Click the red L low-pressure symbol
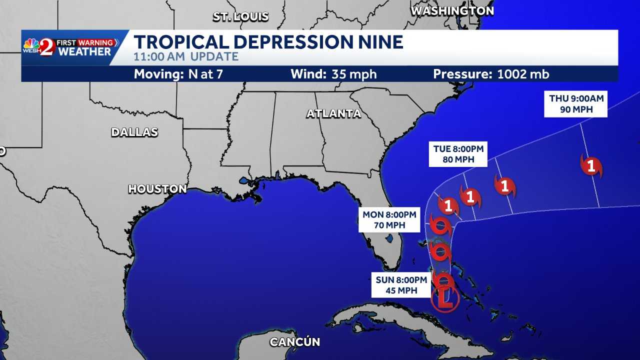click(x=445, y=298)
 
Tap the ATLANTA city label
click(x=333, y=113)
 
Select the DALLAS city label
click(x=134, y=132)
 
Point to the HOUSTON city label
click(x=157, y=189)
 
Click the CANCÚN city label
click(x=294, y=342)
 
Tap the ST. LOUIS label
click(x=240, y=16)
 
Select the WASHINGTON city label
click(x=452, y=10)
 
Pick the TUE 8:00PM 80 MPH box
click(x=458, y=154)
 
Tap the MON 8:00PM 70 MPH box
click(x=389, y=219)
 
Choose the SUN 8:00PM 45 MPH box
click(x=401, y=285)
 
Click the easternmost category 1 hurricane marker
click(x=591, y=166)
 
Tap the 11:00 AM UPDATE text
click(x=186, y=56)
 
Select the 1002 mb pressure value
click(x=523, y=74)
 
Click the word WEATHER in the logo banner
click(x=84, y=52)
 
